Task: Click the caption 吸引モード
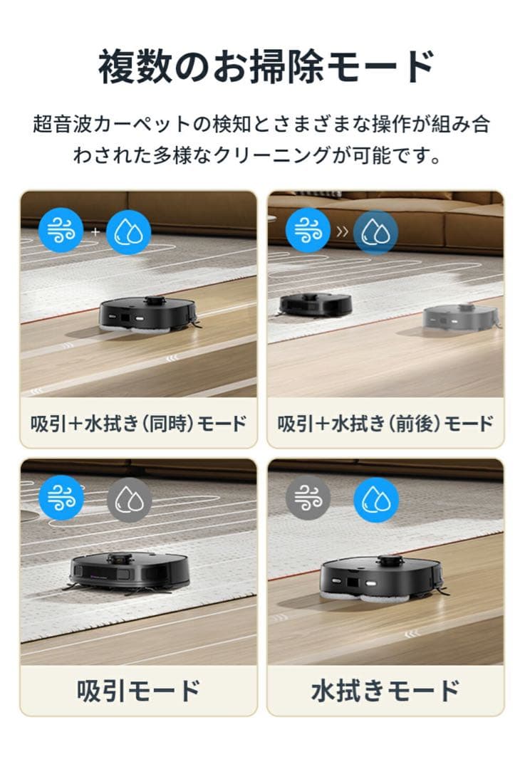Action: (x=139, y=690)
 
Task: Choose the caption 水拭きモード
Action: (x=385, y=690)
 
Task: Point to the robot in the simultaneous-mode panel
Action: (x=148, y=313)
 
